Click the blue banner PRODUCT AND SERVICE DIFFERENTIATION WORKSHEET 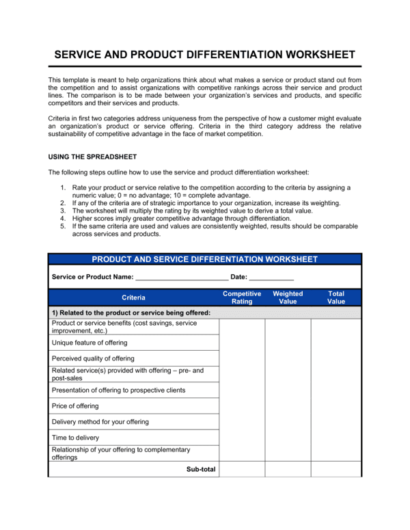[x=204, y=259]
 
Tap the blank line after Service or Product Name [x=181, y=278]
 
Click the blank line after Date [x=271, y=278]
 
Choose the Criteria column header [x=133, y=297]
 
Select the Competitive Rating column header [x=242, y=297]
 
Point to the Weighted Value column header [x=288, y=297]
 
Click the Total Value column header [x=336, y=297]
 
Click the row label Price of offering [x=75, y=406]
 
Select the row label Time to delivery [x=75, y=438]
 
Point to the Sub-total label [x=201, y=469]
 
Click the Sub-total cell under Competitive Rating [x=242, y=469]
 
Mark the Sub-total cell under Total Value [x=336, y=469]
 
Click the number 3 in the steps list [x=62, y=211]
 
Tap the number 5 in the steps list [x=62, y=226]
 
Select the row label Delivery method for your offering [x=100, y=422]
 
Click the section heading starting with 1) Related [x=131, y=313]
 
